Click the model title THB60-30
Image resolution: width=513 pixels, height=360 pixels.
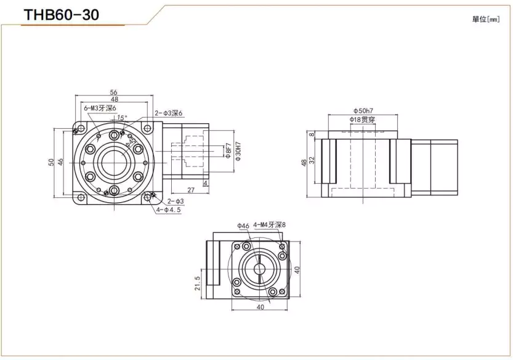60,14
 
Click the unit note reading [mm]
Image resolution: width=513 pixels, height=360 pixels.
485,19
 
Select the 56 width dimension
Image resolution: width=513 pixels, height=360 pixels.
114,92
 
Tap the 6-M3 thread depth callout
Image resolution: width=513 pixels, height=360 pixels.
99,108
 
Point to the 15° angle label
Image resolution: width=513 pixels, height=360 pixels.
122,117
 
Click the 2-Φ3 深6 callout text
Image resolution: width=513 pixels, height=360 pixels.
168,112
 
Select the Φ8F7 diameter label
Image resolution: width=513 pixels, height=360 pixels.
227,151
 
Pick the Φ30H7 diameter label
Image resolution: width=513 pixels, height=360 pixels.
237,151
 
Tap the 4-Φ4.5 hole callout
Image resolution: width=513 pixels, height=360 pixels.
169,210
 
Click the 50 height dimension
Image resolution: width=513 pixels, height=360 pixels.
51,162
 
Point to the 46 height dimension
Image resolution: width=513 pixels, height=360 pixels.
60,162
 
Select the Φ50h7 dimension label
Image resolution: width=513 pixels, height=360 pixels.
363,111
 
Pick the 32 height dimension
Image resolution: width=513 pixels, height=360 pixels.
312,159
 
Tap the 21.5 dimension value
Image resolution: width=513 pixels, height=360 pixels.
198,283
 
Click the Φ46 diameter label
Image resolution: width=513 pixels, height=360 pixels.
243,226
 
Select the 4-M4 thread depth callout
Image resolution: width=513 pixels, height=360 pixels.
270,226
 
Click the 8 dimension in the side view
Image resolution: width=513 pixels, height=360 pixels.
312,134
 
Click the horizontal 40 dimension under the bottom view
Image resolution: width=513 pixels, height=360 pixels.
260,306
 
